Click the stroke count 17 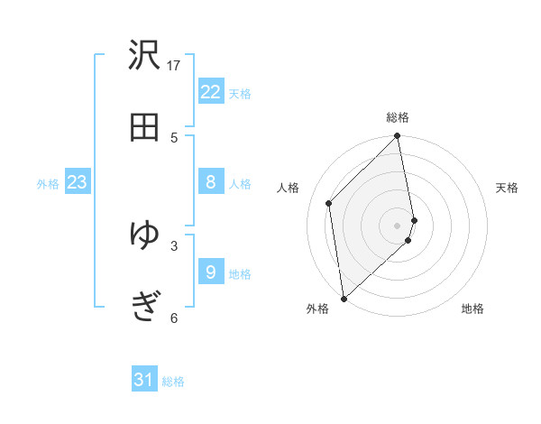[x=174, y=65]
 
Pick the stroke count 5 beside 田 [x=174, y=137]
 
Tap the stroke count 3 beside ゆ [x=174, y=244]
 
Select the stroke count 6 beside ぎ [x=174, y=318]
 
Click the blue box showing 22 [x=211, y=92]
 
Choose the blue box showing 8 [x=211, y=183]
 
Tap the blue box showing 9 [x=211, y=272]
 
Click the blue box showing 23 [x=77, y=183]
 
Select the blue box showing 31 [x=144, y=380]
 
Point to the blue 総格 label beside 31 [x=173, y=382]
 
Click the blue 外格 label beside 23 [x=48, y=184]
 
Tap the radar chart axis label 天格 [x=508, y=188]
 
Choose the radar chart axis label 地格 [x=472, y=309]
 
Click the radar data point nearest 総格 [x=397, y=137]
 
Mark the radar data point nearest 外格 [x=344, y=298]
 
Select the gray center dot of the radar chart [x=398, y=225]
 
